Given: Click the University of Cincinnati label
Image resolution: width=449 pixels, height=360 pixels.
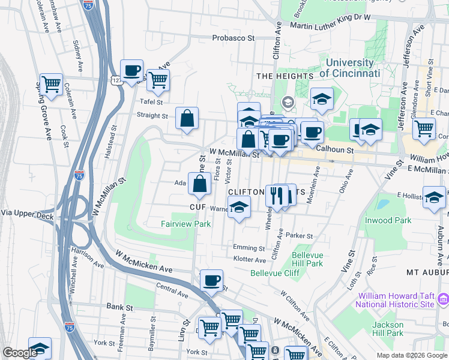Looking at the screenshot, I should coord(349,68).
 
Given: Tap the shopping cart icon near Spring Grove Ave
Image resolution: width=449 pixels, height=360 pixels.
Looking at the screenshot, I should coord(51,85).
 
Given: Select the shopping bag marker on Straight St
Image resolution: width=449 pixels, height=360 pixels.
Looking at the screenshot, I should coord(187,118).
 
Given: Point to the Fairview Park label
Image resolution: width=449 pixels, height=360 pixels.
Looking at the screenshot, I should coord(185,224).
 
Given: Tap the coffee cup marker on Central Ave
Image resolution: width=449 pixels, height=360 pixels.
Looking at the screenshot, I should coord(211,280).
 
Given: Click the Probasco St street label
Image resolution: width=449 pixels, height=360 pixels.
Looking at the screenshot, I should coord(234,38).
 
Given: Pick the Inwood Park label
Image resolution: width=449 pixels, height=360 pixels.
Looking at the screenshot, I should coord(388,220).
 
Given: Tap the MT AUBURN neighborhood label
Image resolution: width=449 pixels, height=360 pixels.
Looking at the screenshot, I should coord(427,272).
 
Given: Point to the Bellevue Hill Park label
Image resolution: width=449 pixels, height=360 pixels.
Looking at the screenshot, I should coord(307,259).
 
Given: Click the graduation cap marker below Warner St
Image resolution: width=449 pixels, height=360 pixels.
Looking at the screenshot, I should coord(239,208).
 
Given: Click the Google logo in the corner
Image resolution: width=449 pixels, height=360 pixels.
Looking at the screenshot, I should coord(20,353).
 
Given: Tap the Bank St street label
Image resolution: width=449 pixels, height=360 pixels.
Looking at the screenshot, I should coord(119,307).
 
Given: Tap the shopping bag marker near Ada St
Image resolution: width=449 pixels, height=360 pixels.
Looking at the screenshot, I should coord(199,184).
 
